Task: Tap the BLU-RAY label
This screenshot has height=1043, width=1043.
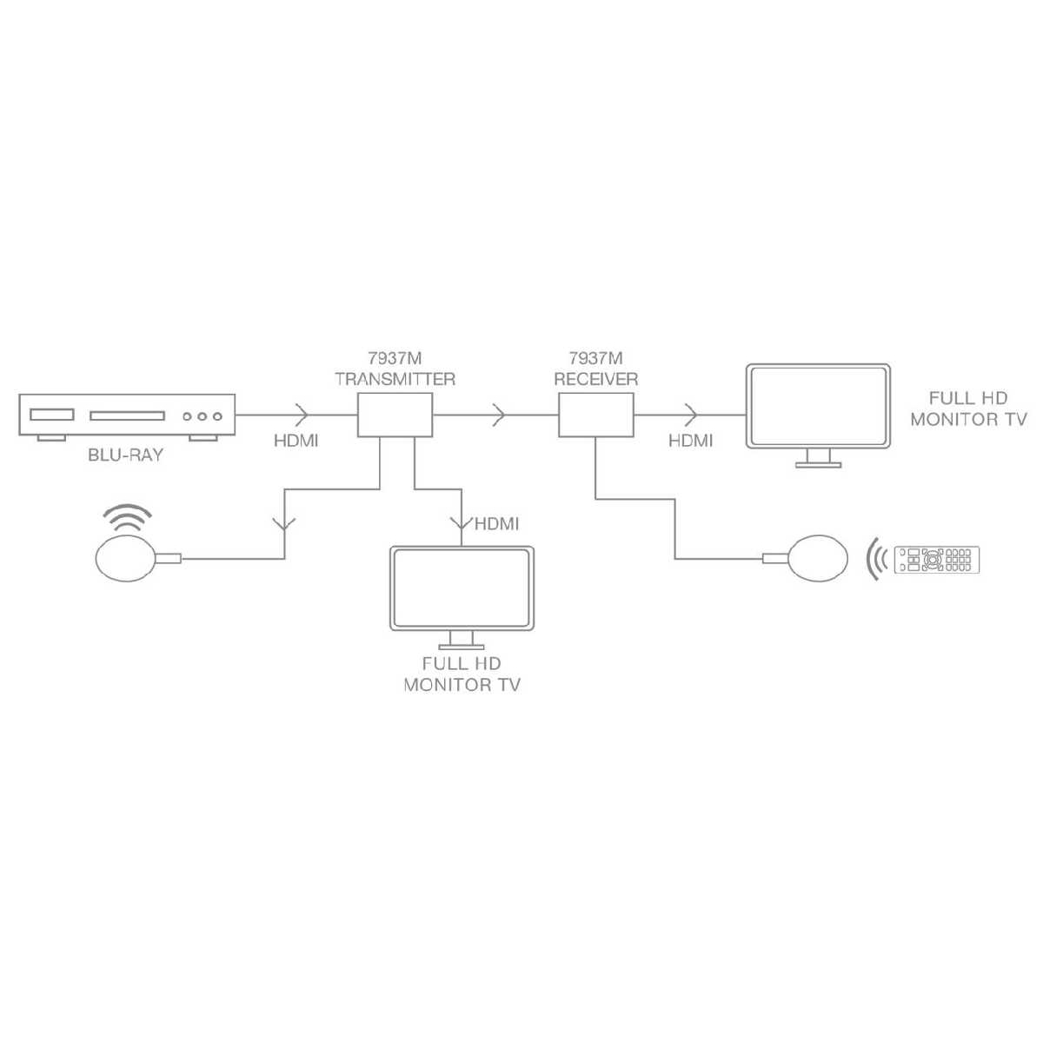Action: (125, 455)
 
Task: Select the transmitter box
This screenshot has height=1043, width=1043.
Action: (395, 415)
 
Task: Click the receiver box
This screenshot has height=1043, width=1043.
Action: (596, 415)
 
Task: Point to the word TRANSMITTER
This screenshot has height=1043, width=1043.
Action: (395, 380)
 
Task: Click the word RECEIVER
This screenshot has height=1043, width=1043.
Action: (596, 380)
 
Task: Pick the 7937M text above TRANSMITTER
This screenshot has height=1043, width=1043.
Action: (395, 358)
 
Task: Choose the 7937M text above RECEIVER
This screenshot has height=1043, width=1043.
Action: (596, 358)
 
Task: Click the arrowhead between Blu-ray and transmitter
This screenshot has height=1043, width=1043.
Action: (302, 415)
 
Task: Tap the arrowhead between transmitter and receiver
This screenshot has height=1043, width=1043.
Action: (499, 415)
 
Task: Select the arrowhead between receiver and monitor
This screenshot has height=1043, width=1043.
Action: (691, 415)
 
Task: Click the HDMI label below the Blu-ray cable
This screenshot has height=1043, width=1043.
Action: (296, 442)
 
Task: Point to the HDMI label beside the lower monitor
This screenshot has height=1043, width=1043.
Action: (497, 524)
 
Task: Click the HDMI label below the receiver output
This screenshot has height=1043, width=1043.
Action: (691, 442)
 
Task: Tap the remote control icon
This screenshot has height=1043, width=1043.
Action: (937, 560)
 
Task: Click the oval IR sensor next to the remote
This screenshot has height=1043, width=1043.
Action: (819, 558)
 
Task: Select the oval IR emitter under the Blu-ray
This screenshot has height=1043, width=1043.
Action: (125, 558)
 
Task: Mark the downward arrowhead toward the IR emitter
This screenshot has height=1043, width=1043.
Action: (285, 523)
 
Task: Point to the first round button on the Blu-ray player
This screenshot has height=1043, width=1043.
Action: (187, 416)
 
